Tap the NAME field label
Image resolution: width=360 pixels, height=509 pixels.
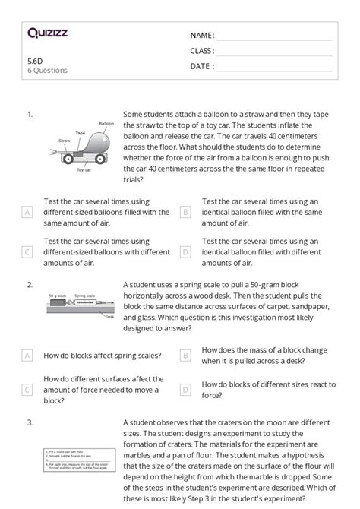(202, 35)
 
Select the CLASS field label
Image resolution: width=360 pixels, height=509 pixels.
(202, 51)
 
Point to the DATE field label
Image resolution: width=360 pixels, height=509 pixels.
(201, 66)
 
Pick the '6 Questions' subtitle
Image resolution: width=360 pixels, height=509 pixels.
(47, 71)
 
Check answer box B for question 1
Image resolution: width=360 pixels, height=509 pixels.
(185, 213)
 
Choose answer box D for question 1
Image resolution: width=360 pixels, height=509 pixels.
(185, 252)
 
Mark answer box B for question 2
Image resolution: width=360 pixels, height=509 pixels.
(185, 355)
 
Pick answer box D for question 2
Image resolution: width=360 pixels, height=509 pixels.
(185, 390)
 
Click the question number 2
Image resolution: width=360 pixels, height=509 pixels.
(30, 285)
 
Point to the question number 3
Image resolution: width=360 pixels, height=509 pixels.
(30, 422)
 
